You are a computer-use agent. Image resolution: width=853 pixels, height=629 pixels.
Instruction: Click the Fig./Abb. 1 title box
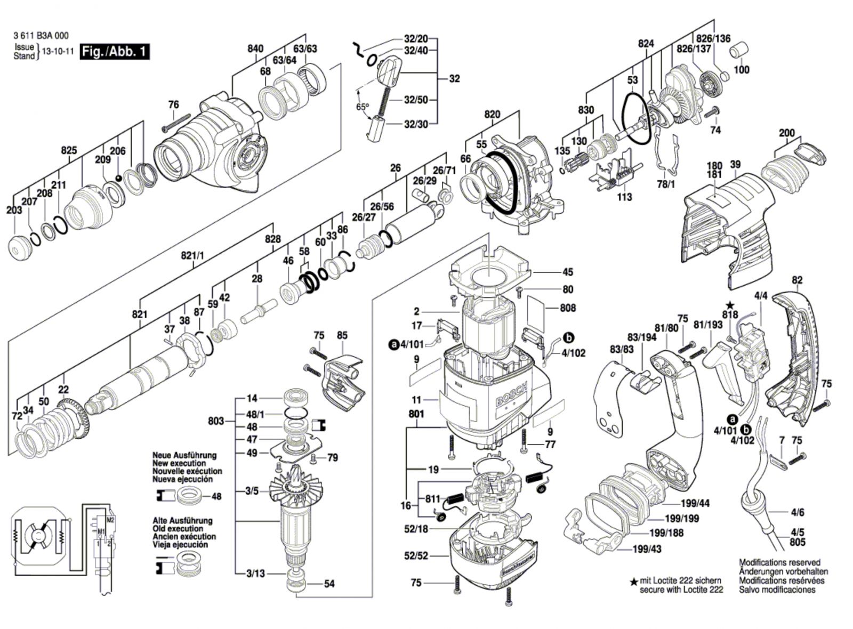click(115, 52)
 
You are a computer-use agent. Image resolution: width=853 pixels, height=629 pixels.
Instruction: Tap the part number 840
click(255, 49)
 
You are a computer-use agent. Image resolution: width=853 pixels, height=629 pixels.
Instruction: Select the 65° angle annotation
click(363, 107)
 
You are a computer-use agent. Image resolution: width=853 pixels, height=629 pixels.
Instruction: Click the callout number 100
click(741, 70)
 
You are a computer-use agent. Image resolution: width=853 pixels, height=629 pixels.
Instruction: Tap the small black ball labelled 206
click(119, 178)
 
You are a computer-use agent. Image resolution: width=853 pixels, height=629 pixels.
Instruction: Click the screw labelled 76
click(176, 123)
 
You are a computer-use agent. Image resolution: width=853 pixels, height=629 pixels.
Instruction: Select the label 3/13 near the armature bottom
click(255, 574)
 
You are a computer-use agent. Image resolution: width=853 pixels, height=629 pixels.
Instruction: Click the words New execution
click(179, 463)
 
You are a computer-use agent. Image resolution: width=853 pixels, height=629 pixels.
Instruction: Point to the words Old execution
click(178, 528)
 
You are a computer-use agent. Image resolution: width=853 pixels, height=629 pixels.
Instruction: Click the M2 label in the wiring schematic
click(111, 519)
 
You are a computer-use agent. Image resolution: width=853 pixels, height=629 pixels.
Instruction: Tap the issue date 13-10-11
click(58, 51)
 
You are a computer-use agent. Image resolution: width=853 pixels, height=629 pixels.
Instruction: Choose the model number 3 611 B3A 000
click(41, 36)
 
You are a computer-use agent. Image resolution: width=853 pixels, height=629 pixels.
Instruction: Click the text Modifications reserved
click(780, 562)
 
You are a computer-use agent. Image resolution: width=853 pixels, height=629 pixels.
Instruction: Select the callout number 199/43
click(647, 549)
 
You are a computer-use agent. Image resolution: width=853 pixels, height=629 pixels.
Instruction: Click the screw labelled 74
click(711, 112)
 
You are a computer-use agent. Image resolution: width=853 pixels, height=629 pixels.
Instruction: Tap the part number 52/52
click(416, 556)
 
